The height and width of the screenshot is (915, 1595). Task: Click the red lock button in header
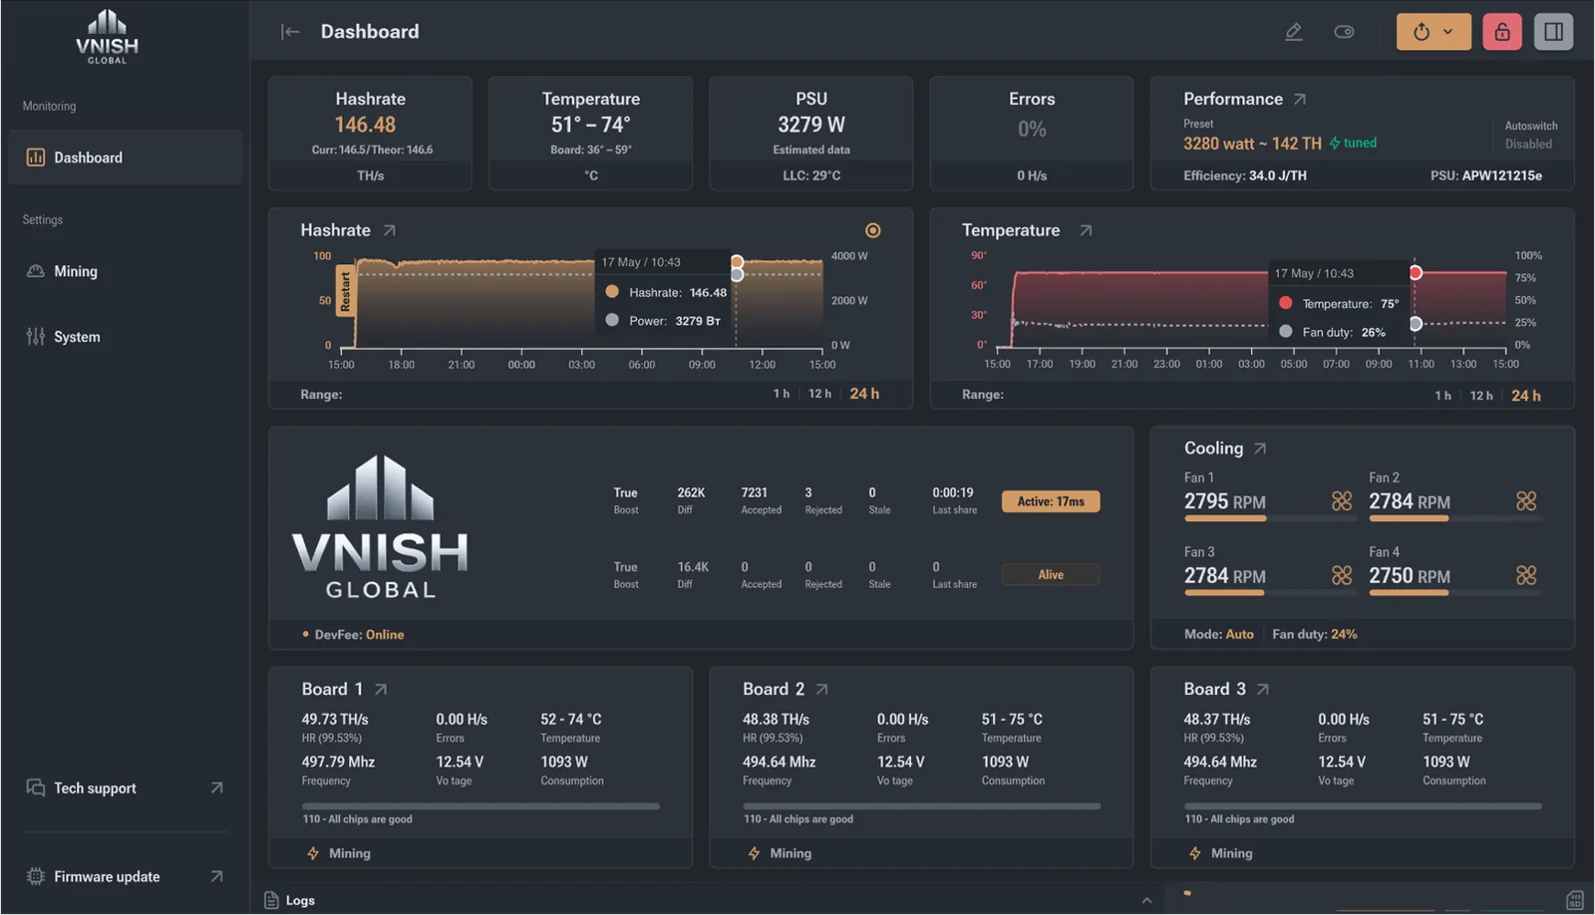click(1501, 32)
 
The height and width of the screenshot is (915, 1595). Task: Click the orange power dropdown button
click(1433, 32)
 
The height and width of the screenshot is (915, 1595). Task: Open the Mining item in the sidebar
click(76, 271)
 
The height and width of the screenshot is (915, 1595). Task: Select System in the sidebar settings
click(77, 337)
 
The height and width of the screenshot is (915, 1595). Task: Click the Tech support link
click(95, 787)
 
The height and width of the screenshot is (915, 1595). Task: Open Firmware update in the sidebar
click(107, 876)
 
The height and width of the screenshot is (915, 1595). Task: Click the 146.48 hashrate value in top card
click(365, 125)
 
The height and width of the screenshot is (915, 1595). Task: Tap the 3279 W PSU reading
click(810, 125)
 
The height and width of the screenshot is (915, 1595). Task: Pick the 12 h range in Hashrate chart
click(819, 394)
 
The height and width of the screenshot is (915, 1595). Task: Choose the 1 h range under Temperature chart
click(1442, 396)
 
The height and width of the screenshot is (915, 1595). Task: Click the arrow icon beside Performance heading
click(1299, 99)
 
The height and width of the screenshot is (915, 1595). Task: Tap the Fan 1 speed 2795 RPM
click(1224, 501)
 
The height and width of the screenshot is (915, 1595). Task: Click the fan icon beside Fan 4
click(1525, 575)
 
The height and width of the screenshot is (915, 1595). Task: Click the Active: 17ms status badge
click(1051, 501)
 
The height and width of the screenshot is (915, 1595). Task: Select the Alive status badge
click(1051, 574)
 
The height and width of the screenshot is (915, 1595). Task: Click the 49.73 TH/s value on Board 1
click(335, 719)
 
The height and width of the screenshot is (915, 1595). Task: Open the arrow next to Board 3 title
click(1263, 689)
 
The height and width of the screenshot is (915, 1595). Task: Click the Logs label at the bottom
click(300, 900)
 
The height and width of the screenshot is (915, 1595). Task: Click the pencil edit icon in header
click(1293, 32)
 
